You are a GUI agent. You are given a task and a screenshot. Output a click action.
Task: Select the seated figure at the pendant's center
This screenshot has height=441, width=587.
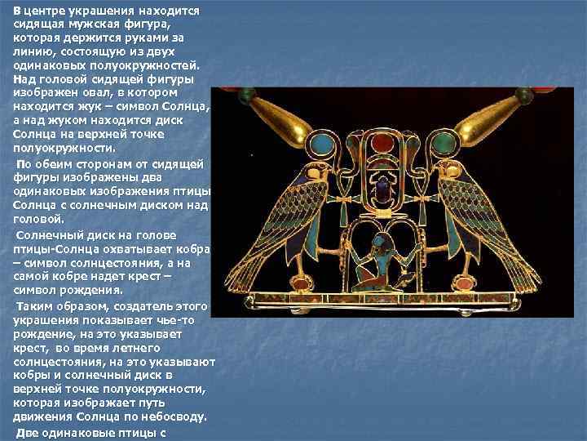[x=378, y=264]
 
